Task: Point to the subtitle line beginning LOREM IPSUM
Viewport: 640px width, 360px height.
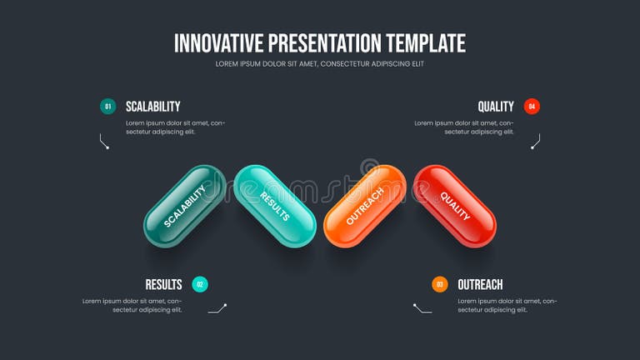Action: [320, 64]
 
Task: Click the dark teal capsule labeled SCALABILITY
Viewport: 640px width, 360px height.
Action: [184, 206]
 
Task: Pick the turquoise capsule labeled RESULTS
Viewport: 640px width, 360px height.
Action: [275, 206]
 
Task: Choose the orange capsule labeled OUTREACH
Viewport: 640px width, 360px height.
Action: [365, 206]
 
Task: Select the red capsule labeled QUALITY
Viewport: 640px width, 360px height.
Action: [455, 206]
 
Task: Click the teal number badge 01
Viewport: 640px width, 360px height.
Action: [107, 107]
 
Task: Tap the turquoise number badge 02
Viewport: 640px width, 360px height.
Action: [200, 284]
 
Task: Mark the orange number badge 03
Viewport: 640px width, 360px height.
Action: [440, 284]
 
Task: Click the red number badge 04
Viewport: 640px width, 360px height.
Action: [532, 107]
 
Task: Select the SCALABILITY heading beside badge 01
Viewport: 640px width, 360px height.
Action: [152, 107]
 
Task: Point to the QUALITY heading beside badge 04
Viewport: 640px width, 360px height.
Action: [496, 107]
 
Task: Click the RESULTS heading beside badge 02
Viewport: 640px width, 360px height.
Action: [163, 284]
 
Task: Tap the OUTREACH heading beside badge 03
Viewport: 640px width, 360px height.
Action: [480, 284]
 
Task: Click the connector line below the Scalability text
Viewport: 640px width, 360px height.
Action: [104, 142]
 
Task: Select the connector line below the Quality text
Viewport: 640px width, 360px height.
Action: [535, 142]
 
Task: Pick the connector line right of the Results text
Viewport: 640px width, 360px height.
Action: [217, 308]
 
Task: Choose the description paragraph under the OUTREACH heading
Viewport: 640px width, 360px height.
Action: [507, 305]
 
